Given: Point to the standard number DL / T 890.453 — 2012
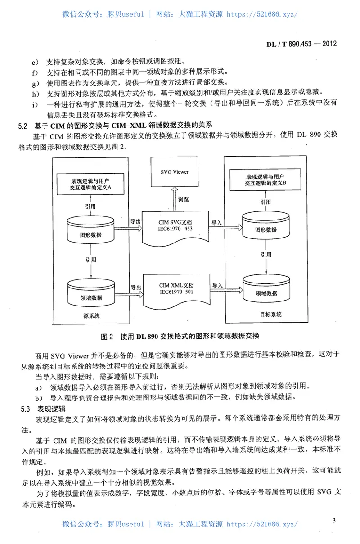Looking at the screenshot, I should click(x=301, y=44).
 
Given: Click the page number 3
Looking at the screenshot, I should click(x=334, y=521).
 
